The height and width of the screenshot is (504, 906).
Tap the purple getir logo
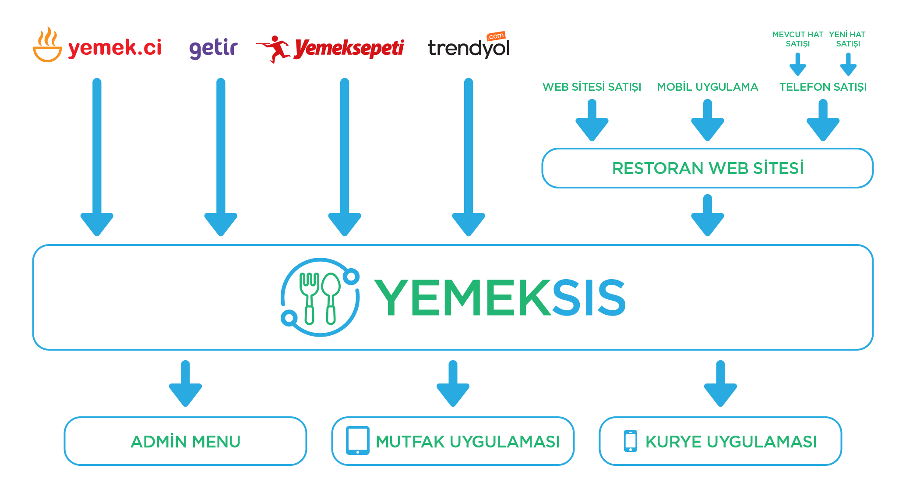[x=213, y=47]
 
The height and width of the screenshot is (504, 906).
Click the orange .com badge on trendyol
[x=496, y=36]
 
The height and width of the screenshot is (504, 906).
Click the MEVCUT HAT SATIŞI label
[x=797, y=39]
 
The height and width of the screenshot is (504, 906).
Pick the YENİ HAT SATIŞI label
[x=847, y=39]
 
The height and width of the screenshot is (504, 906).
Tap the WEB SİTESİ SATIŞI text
[x=592, y=87]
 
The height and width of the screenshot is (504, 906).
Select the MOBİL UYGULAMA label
[x=707, y=87]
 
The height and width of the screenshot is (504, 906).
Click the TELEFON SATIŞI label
[x=823, y=87]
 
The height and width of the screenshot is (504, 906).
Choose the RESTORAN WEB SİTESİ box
[x=707, y=168]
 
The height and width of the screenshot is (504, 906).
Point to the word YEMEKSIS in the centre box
[x=500, y=298]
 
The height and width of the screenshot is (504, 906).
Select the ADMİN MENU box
[x=185, y=441]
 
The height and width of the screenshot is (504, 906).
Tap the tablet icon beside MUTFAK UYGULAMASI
[x=357, y=440]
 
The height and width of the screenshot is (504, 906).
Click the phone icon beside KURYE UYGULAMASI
[x=631, y=440]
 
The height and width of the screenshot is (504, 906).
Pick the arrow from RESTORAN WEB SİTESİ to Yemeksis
[x=707, y=216]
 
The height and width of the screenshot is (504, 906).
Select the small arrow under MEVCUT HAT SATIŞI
[x=797, y=64]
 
